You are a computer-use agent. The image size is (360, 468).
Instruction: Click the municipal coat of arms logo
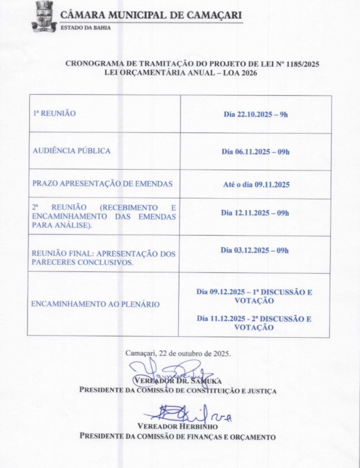click(44, 16)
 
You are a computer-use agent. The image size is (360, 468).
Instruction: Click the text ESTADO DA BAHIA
click(85, 28)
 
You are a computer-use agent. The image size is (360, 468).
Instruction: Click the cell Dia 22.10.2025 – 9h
click(255, 115)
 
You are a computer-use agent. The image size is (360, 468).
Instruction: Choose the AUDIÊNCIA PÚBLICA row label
click(71, 151)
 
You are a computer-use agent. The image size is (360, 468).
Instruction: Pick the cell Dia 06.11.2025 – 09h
click(255, 152)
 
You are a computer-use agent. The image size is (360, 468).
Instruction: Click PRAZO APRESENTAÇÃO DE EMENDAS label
click(102, 184)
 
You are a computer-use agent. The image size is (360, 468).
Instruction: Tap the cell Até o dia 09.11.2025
click(255, 185)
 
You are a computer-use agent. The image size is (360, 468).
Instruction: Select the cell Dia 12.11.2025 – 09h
click(255, 213)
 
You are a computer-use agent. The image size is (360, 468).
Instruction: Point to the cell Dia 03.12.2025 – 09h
click(255, 250)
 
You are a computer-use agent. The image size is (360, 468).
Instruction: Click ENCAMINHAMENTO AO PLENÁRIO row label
click(95, 304)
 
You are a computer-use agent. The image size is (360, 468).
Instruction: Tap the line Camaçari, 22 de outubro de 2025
click(178, 353)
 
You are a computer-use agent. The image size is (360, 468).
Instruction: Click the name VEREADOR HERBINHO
click(178, 427)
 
